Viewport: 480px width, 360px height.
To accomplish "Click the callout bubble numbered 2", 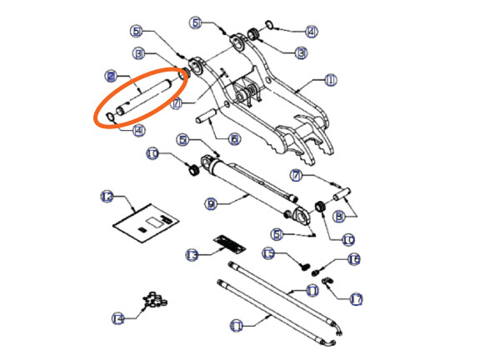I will (x=109, y=76).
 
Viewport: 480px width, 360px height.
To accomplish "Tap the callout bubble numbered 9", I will (x=211, y=202).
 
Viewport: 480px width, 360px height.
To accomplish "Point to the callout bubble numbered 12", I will (x=106, y=197).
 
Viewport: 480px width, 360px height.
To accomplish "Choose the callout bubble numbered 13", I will (x=191, y=254).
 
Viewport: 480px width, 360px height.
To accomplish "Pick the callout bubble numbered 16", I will (x=353, y=260).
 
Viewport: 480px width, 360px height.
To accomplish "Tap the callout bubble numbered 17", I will (x=357, y=297).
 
